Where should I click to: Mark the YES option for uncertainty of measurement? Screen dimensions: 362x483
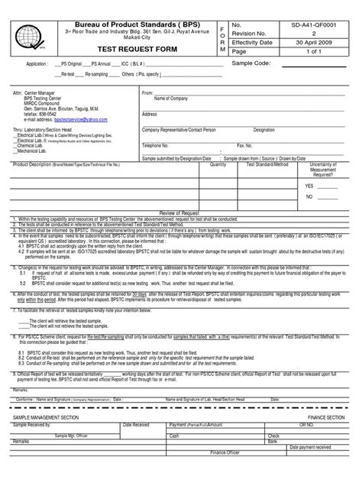point(311,186)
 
